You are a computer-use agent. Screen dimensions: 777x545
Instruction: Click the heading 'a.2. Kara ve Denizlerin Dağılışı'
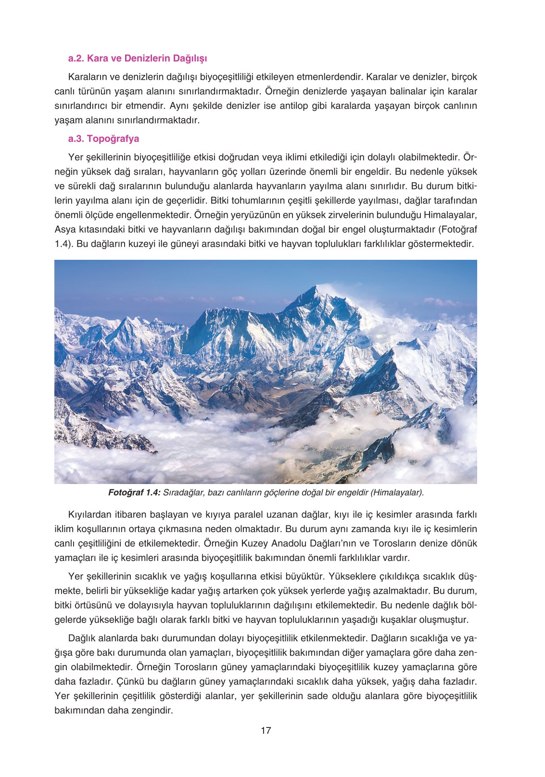pos(138,59)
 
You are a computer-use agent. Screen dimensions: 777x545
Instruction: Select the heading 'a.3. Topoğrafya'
pos(103,139)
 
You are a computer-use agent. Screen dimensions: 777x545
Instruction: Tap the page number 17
pos(266,730)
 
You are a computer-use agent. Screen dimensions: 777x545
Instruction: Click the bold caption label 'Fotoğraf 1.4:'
pos(134,493)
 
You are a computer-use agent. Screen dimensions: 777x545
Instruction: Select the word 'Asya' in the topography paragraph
pos(64,229)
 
